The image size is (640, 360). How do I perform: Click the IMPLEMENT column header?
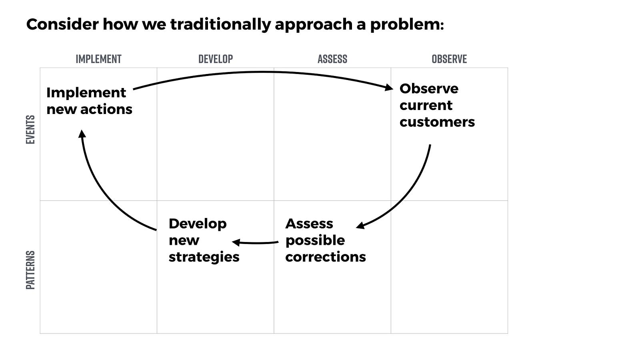coord(98,59)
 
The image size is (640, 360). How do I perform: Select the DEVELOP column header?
coord(216,59)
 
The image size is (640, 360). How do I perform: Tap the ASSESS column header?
coord(332,59)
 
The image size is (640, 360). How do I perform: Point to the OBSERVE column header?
coord(449,59)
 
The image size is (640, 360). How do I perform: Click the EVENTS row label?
coord(30,130)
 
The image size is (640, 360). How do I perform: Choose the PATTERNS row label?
coord(30,270)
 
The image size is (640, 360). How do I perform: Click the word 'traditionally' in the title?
coord(220,24)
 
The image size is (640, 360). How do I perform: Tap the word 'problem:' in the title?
coord(407,24)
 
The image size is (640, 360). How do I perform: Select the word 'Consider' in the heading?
coord(62,24)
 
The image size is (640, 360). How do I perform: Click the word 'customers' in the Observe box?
coord(437,122)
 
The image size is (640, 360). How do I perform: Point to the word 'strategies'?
coord(204,257)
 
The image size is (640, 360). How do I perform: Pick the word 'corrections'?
coord(326,257)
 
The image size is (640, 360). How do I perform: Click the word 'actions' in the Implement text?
coord(106,110)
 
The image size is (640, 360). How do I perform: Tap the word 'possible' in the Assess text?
coord(315,240)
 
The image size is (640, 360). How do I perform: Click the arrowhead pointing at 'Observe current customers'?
coord(389,87)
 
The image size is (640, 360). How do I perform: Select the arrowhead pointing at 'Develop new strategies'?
coord(236,242)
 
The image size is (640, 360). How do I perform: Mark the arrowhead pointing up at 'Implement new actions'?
coord(82,134)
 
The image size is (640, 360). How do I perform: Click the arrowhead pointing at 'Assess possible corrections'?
coord(360,226)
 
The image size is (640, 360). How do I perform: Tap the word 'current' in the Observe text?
coord(426,106)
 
